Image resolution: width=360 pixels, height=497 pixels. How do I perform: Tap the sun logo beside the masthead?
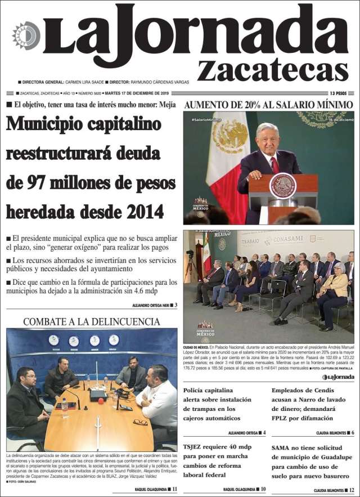tap(26, 35)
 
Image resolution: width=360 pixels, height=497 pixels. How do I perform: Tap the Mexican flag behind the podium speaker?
tap(228, 163)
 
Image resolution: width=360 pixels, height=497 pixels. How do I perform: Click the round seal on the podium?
tap(282, 185)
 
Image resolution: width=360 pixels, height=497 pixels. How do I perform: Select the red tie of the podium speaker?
tap(274, 165)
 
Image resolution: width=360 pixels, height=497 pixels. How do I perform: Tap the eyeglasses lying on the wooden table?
tap(141, 422)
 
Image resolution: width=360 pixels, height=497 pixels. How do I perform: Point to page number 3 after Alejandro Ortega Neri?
tap(175, 305)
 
